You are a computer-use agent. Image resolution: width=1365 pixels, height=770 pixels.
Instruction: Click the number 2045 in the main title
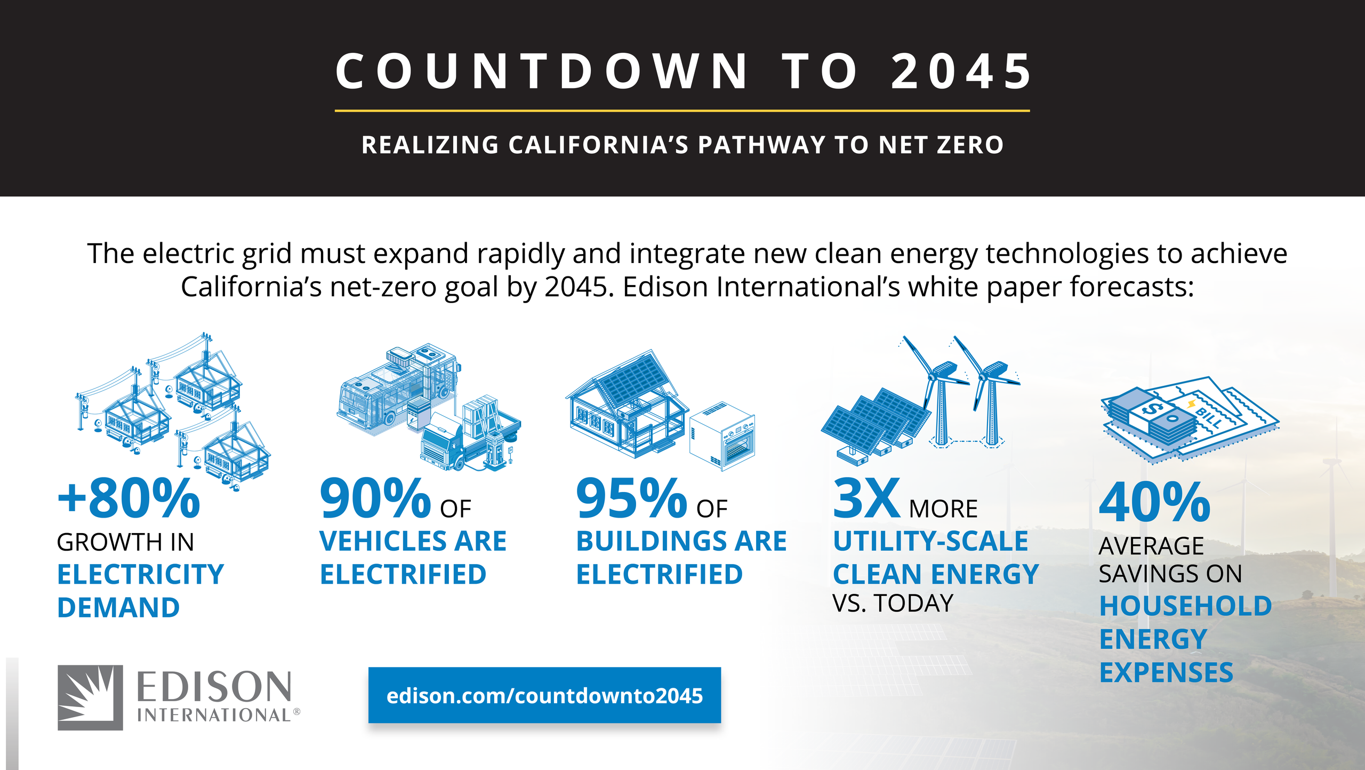pyautogui.click(x=961, y=72)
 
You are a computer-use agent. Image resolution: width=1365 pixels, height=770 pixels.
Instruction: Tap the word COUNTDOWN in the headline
pyautogui.click(x=542, y=72)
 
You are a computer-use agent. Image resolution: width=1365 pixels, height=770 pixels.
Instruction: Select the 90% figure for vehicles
pyautogui.click(x=375, y=499)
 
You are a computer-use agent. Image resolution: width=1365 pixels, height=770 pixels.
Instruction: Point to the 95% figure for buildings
pyautogui.click(x=631, y=499)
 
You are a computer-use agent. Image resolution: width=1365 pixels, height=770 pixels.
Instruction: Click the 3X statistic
pyautogui.click(x=866, y=499)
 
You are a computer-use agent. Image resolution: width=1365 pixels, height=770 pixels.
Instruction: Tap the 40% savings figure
pyautogui.click(x=1154, y=502)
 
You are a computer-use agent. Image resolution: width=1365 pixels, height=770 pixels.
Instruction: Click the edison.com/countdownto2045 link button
pyautogui.click(x=544, y=695)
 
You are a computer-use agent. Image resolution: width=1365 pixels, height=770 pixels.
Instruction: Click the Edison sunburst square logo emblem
pyautogui.click(x=90, y=697)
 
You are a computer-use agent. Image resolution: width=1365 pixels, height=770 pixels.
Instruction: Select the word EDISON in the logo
pyautogui.click(x=214, y=687)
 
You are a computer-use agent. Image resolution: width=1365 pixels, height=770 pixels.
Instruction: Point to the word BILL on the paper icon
pyautogui.click(x=1209, y=416)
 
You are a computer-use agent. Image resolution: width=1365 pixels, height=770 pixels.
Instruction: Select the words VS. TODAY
pyautogui.click(x=893, y=604)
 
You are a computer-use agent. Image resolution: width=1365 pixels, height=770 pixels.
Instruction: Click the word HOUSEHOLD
pyautogui.click(x=1185, y=606)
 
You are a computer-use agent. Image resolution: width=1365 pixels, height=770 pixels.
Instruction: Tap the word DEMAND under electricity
pyautogui.click(x=118, y=608)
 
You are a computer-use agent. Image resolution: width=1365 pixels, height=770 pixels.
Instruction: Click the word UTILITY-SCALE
pyautogui.click(x=930, y=541)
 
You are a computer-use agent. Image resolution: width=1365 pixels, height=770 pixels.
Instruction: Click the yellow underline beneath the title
pyautogui.click(x=682, y=111)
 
